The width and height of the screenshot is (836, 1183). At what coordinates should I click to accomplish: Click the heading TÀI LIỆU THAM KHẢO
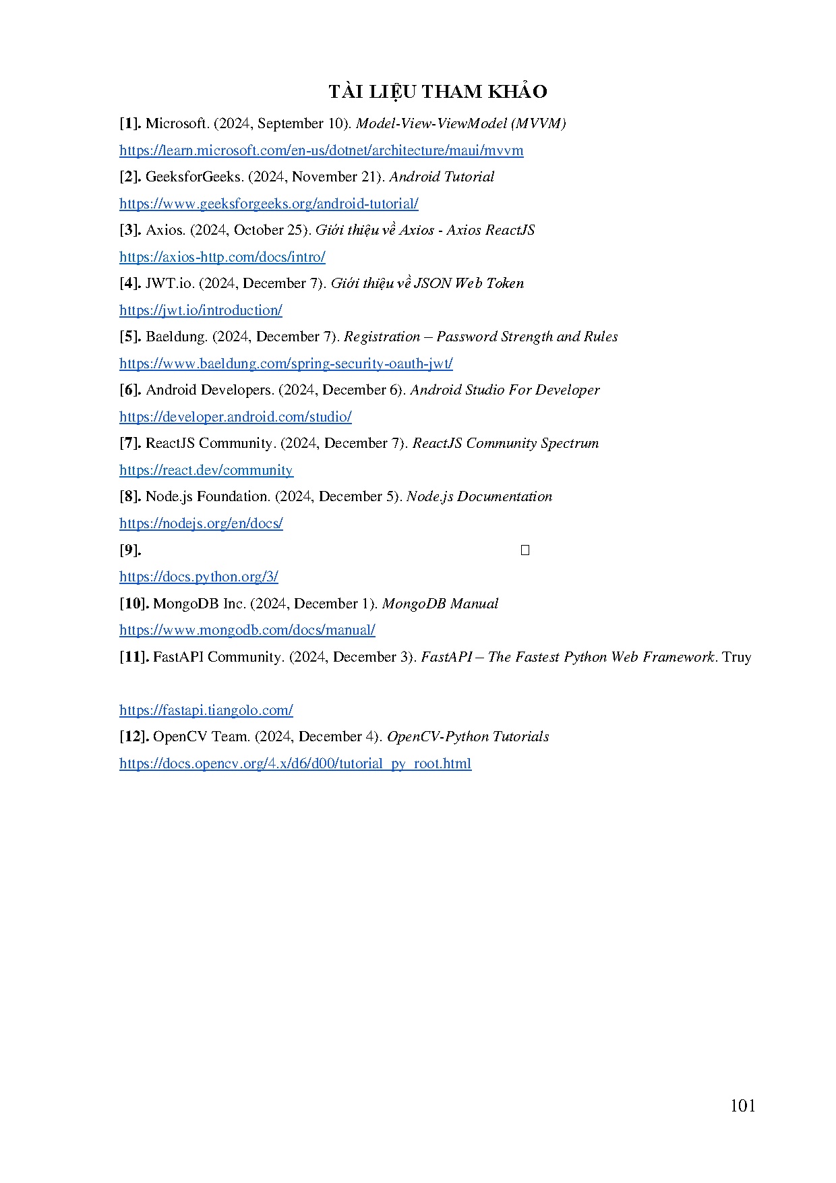coord(438,92)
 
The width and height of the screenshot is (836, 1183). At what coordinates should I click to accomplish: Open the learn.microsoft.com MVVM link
coord(321,150)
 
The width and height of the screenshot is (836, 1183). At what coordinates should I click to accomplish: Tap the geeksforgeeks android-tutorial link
coord(268,204)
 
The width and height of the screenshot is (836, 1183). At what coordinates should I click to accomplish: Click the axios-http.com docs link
coord(222,257)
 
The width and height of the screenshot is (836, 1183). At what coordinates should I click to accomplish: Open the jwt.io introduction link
coord(200,310)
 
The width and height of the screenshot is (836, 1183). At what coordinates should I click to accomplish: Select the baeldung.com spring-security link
coord(286,364)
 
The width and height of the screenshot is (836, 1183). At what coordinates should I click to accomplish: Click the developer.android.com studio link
coord(235,417)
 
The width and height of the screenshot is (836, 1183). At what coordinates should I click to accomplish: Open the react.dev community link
coord(206,470)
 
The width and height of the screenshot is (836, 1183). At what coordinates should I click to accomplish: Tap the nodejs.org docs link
coord(201,523)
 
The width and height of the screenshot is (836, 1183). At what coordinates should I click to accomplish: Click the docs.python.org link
coord(198,577)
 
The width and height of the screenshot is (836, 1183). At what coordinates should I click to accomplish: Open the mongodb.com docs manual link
coord(247,630)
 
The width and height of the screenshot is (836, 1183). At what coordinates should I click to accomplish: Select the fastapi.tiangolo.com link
coord(206,710)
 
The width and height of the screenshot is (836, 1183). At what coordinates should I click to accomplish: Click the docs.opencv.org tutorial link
coord(295,763)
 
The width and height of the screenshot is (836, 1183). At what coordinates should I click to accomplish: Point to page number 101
coord(742,1105)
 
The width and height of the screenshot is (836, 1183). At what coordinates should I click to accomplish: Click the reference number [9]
coord(130,550)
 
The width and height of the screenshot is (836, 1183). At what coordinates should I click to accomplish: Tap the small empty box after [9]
coord(525,550)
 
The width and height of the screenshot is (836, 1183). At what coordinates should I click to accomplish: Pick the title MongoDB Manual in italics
coord(440,604)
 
